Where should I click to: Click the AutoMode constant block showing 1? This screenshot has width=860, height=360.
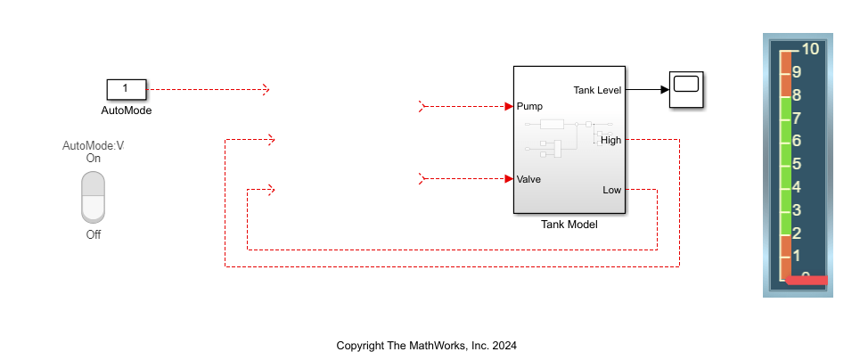coord(126,89)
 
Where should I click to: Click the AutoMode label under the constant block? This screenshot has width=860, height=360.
coord(126,111)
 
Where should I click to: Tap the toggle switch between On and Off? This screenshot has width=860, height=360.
coord(93,197)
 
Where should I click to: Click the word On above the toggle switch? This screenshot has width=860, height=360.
coord(93,158)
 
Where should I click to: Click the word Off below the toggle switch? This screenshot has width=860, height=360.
coord(93,234)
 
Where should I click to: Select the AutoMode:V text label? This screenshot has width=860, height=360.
coord(93,145)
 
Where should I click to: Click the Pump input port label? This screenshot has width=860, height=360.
coord(529,106)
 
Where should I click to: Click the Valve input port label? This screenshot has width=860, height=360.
coord(528,178)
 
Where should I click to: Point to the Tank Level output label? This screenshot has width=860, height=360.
coord(596,89)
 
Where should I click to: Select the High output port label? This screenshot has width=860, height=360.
coord(610,140)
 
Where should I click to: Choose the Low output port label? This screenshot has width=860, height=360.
coord(611,190)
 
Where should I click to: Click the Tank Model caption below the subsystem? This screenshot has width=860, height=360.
coord(569,225)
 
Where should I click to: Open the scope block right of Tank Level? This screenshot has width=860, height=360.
coord(687,89)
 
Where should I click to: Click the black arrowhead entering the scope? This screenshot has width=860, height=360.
coord(665,89)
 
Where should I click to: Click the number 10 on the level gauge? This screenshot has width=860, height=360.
coord(810,49)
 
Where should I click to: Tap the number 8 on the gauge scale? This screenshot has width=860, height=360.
coord(796,95)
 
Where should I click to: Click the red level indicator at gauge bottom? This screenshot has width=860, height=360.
coord(806,281)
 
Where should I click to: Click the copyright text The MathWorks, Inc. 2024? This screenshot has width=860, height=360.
coord(426,345)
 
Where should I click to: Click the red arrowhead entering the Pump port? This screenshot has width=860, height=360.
coord(508,106)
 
